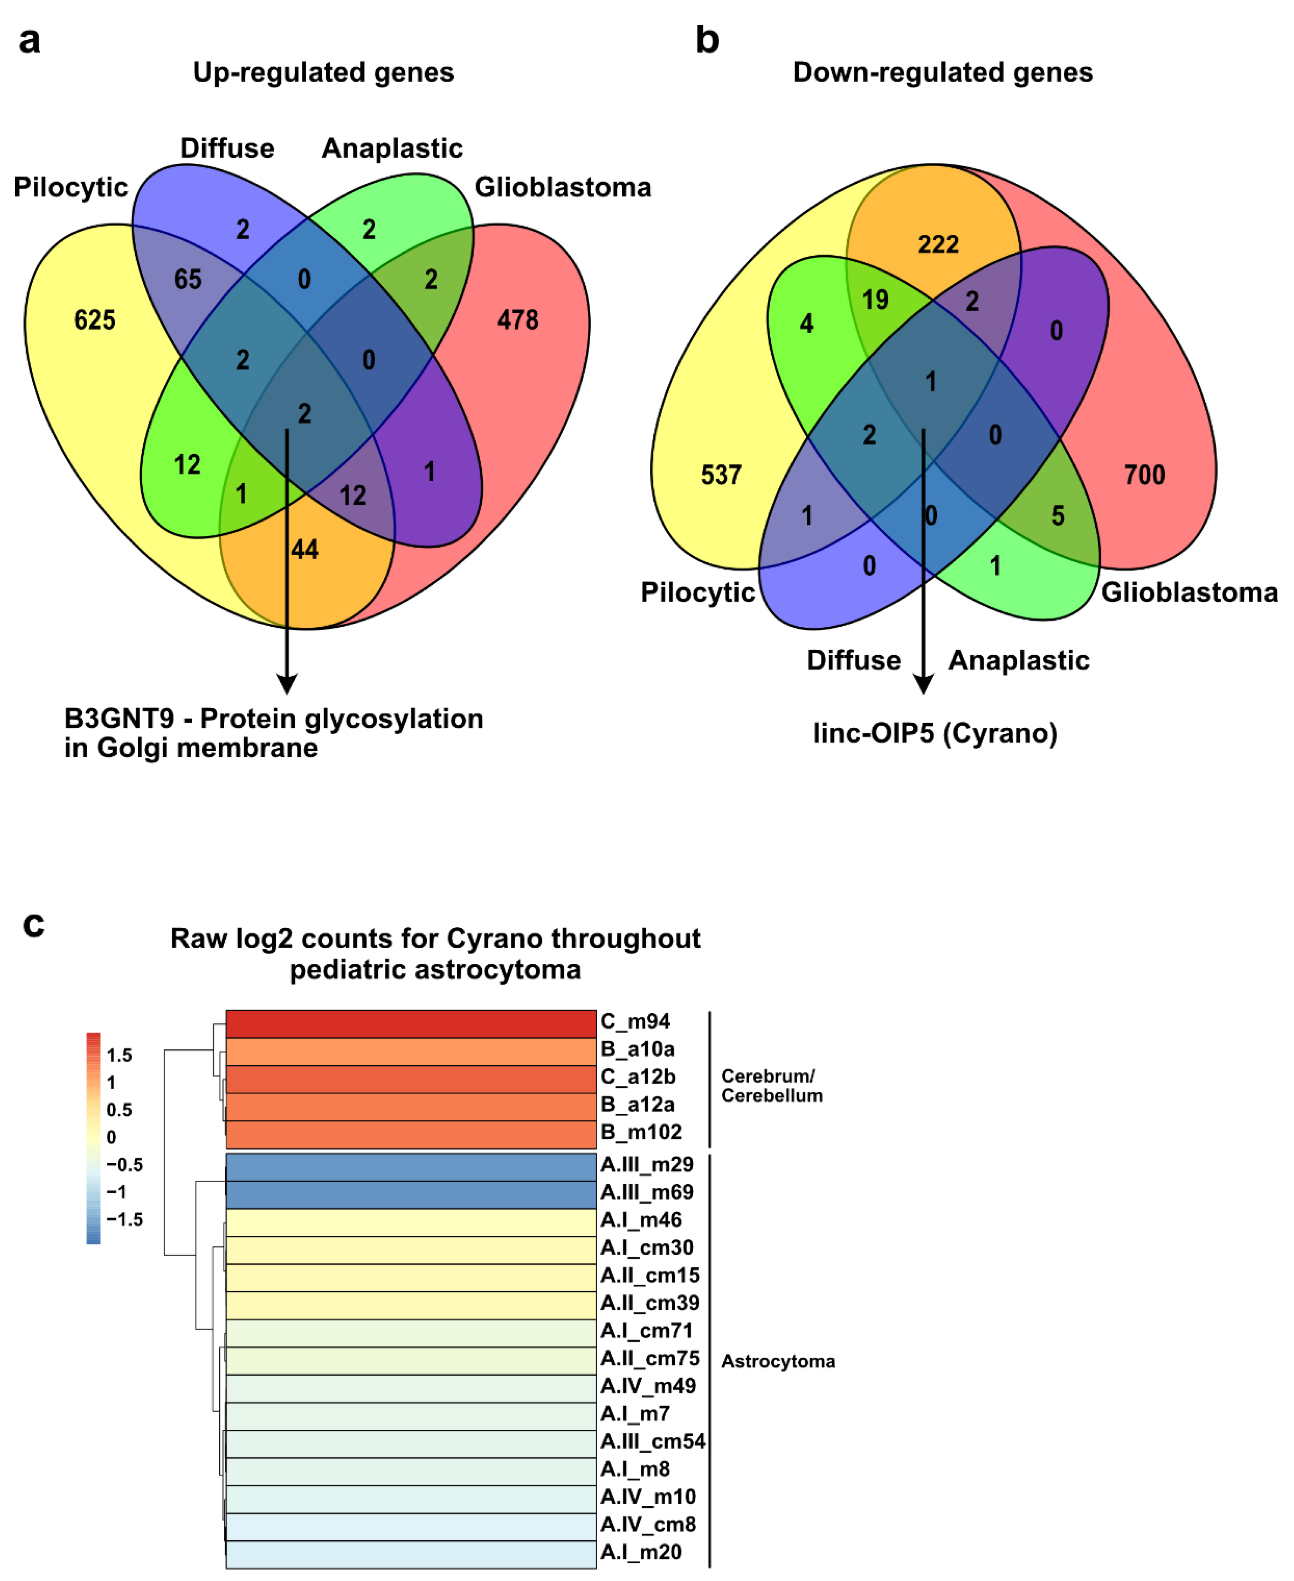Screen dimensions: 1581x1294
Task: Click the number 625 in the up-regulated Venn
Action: point(95,320)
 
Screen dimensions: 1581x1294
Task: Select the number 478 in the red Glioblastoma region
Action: point(517,320)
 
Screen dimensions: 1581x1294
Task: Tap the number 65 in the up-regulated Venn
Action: point(188,279)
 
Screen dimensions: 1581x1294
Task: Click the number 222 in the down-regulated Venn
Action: point(938,245)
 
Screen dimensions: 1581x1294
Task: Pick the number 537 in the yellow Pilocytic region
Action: point(721,475)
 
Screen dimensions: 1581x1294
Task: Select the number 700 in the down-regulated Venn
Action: point(1144,475)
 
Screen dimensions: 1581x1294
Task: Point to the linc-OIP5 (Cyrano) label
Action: point(935,734)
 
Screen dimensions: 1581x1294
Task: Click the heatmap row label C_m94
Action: point(635,1021)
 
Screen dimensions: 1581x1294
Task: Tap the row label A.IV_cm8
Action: point(648,1524)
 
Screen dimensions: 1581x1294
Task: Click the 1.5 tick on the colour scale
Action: point(119,1056)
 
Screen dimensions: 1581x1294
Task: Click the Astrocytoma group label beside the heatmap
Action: point(778,1362)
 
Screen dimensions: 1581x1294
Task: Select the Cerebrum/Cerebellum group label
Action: point(772,1086)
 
